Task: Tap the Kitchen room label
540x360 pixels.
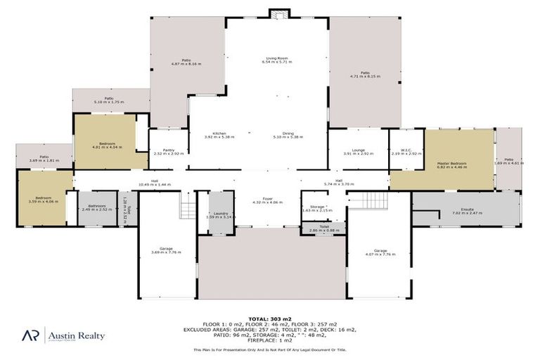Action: pyautogui.click(x=219, y=134)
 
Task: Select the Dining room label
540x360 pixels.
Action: pyautogui.click(x=288, y=134)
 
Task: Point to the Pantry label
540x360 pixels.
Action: pyautogui.click(x=168, y=150)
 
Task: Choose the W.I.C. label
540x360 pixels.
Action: pyautogui.click(x=406, y=150)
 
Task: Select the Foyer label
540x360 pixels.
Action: pyautogui.click(x=267, y=200)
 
